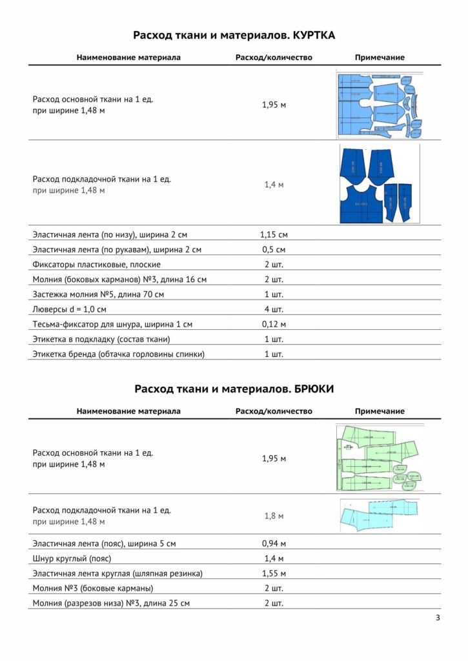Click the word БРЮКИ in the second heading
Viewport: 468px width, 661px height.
pos(313,389)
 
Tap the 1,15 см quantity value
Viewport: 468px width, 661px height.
pos(274,234)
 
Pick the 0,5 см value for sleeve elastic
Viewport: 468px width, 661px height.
pos(274,249)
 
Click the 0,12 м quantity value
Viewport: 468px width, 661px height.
pos(274,324)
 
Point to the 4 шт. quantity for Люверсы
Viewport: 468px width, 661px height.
pos(274,309)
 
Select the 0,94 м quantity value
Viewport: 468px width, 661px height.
pos(274,544)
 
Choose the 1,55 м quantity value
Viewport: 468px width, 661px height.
pos(274,573)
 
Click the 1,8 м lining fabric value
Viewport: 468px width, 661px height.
pos(274,516)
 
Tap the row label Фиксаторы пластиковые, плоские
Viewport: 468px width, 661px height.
pos(97,265)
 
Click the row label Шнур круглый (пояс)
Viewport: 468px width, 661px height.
pos(72,558)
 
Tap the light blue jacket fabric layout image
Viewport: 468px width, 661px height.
pos(378,105)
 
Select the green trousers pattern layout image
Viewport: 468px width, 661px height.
pos(378,458)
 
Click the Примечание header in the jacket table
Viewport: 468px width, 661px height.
pos(380,57)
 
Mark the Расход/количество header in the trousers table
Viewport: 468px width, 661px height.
pos(274,411)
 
